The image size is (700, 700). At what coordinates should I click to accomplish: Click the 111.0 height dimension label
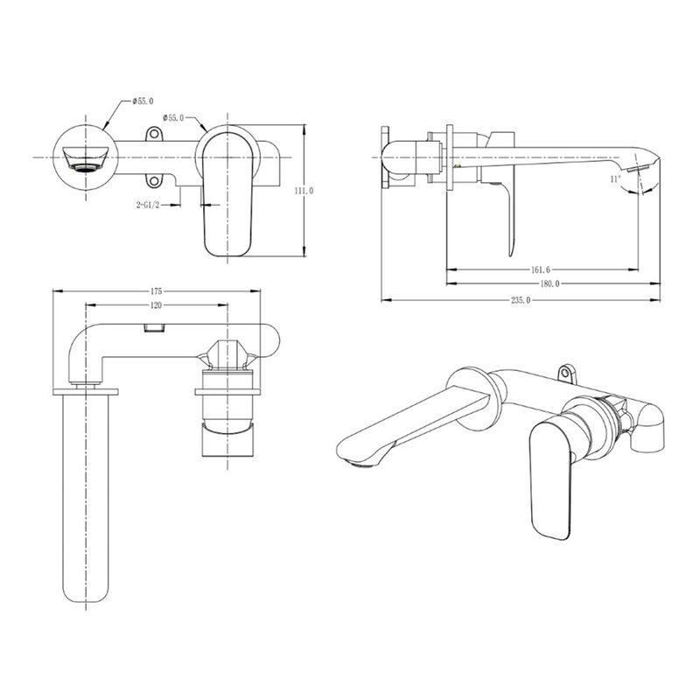(x=304, y=191)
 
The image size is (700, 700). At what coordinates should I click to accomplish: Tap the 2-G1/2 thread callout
(x=148, y=205)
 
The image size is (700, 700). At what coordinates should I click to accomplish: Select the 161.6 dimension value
(x=541, y=269)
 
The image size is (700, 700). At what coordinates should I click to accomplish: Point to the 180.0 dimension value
(x=549, y=283)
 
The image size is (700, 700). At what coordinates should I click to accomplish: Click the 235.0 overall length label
(x=521, y=300)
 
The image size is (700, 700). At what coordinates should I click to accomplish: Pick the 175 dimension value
(x=157, y=291)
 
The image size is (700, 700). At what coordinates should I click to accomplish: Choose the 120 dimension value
(x=157, y=305)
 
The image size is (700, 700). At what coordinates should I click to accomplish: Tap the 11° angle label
(x=615, y=179)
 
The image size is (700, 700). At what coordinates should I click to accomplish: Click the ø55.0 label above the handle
(x=173, y=118)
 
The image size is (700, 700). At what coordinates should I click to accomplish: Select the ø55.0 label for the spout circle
(x=143, y=101)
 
